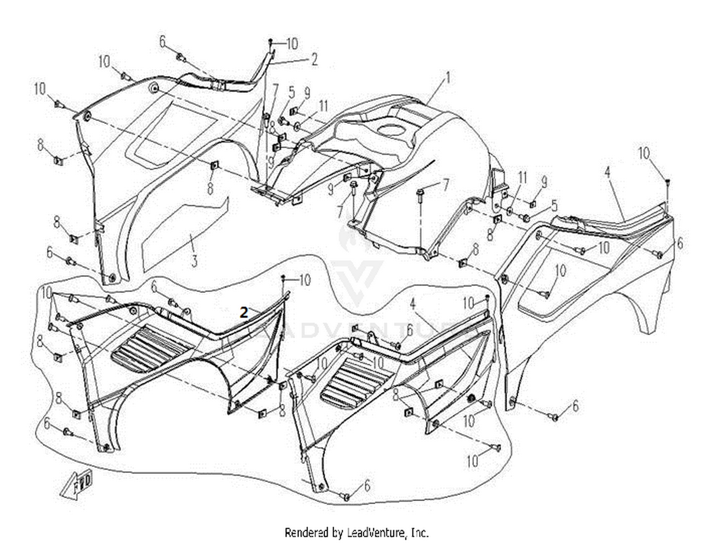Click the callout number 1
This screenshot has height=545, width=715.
(448, 78)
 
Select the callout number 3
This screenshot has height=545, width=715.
(194, 261)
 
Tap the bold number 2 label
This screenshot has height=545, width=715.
(244, 313)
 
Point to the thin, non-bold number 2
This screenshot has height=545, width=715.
(314, 60)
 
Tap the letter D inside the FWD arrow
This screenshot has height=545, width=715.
(88, 479)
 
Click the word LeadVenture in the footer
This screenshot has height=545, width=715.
(376, 533)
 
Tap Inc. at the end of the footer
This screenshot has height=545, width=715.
(419, 533)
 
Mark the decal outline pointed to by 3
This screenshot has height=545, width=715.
(185, 234)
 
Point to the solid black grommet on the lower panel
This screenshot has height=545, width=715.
(470, 398)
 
